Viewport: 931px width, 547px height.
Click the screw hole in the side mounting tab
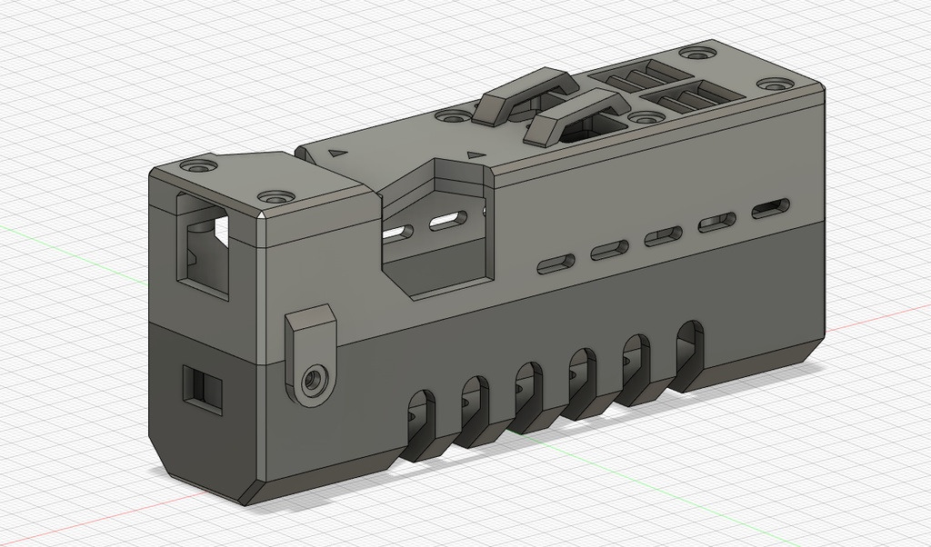coord(315,379)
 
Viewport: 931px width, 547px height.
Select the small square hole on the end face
coord(202,389)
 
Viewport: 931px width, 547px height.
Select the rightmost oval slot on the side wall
coord(772,209)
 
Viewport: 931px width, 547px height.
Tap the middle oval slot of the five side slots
coord(664,236)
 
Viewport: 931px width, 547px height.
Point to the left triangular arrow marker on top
coord(338,154)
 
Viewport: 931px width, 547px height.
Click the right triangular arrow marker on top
coord(474,155)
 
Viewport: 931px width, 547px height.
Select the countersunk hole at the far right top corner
coord(774,85)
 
